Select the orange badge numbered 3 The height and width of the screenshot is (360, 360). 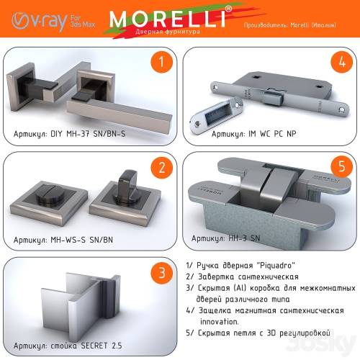pyautogui.click(x=161, y=273)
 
